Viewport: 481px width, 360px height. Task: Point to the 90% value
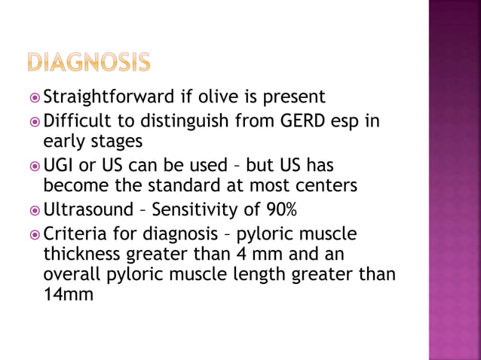point(286,207)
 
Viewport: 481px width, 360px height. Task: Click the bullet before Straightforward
point(33,98)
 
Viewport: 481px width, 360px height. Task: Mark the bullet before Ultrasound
point(33,208)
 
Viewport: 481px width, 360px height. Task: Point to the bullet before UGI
point(33,165)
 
